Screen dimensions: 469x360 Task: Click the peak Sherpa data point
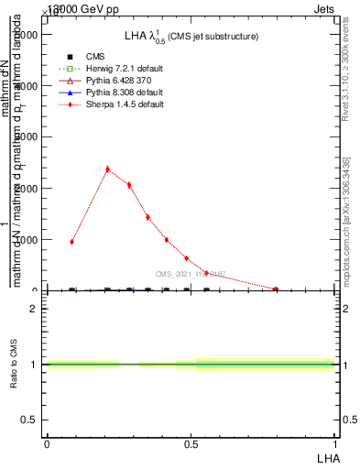pos(108,169)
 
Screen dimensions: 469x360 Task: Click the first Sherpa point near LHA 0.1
pos(71,242)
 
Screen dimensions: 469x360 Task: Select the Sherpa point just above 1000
pos(166,239)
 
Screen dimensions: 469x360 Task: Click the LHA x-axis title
pos(327,457)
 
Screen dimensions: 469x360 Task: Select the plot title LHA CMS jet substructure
pos(191,37)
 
